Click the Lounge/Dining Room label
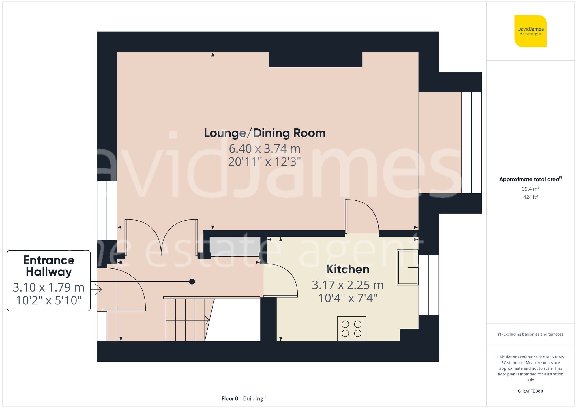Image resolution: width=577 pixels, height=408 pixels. click(x=265, y=133)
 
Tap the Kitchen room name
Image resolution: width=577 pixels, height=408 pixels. click(x=348, y=269)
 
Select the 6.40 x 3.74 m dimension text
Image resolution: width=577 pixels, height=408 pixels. click(x=265, y=149)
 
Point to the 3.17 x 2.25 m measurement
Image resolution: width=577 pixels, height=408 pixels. click(x=348, y=285)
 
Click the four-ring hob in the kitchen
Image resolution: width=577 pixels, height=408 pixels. click(x=351, y=329)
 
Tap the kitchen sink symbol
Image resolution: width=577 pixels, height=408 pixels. click(x=407, y=268)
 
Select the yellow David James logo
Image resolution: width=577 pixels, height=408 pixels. click(x=530, y=31)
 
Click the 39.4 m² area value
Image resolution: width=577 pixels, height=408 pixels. click(x=530, y=189)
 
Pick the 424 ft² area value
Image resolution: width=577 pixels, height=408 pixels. click(x=530, y=197)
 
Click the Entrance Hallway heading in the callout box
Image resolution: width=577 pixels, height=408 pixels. click(x=49, y=266)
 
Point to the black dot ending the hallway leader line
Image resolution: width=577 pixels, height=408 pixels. click(x=192, y=282)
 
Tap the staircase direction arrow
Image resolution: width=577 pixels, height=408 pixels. click(x=207, y=320)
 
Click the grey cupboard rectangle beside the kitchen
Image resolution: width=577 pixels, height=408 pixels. click(x=235, y=246)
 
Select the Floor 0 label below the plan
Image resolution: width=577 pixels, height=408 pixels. click(x=230, y=398)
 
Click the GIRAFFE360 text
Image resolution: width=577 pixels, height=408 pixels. click(x=530, y=391)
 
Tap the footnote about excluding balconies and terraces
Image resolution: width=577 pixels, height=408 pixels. click(x=530, y=334)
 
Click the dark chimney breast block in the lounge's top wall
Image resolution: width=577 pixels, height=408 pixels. click(x=315, y=59)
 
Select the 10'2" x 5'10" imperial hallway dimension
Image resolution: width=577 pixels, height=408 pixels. click(x=49, y=300)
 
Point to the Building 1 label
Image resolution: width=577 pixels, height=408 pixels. click(x=255, y=398)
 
